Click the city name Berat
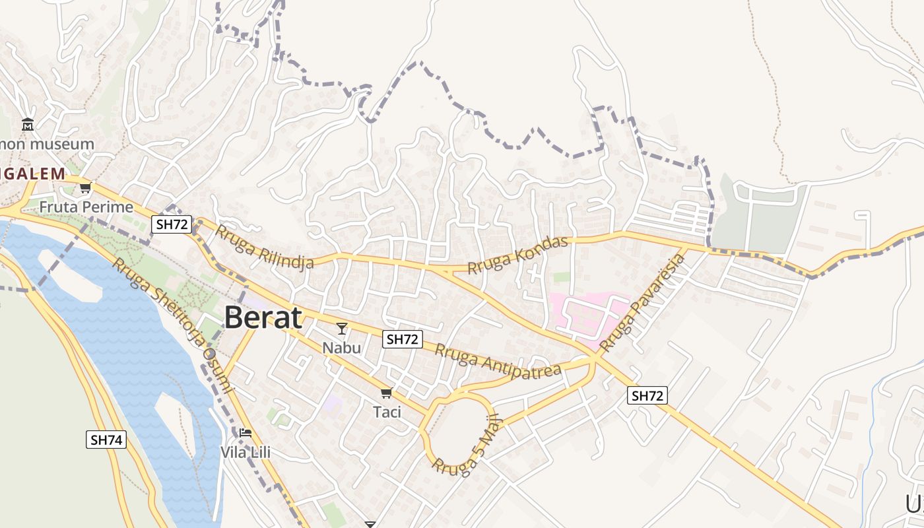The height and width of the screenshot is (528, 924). [263, 318]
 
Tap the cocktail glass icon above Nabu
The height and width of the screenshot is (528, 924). [342, 328]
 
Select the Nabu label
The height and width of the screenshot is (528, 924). [342, 347]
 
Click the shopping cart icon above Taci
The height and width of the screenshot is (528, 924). [386, 393]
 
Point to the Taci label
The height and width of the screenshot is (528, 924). [387, 412]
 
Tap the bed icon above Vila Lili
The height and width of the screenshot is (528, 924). [246, 433]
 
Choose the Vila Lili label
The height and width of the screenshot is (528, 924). [246, 453]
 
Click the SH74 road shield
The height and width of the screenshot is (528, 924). [106, 440]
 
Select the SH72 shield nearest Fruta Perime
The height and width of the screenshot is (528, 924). [172, 224]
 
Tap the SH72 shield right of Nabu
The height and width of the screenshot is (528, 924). [403, 339]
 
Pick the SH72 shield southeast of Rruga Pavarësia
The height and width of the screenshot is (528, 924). [647, 395]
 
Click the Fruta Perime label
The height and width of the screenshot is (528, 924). [86, 207]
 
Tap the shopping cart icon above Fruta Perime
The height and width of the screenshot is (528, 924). [85, 188]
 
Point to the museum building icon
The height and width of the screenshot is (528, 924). [28, 124]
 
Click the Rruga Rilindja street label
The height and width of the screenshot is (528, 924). [264, 247]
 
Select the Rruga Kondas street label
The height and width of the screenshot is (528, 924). [518, 255]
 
